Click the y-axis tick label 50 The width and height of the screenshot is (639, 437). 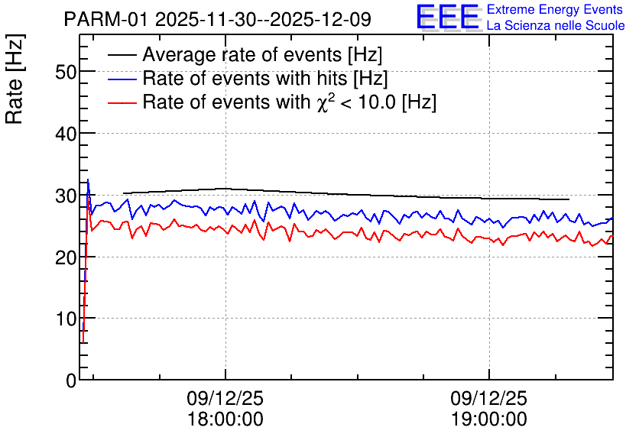[x=66, y=73]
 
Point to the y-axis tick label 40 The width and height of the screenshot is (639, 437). [x=66, y=134]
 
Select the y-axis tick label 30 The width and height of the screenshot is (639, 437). [x=66, y=196]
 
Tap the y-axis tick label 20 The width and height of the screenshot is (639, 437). [x=66, y=257]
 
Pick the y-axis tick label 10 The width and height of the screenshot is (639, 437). [x=66, y=319]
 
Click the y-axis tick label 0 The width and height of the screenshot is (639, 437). [x=71, y=380]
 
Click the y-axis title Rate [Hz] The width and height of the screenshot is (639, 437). [x=15, y=79]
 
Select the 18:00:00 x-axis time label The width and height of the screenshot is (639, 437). [x=225, y=419]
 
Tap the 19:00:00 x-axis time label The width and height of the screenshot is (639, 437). [x=489, y=419]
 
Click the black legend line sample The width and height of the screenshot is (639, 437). [x=122, y=55]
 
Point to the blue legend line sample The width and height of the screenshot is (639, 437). [x=122, y=79]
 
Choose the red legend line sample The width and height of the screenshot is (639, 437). [x=122, y=102]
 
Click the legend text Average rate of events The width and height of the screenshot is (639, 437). [x=242, y=55]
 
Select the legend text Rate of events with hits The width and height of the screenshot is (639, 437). [x=245, y=78]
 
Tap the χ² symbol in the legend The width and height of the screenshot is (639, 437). [x=326, y=102]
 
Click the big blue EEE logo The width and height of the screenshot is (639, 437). [x=448, y=16]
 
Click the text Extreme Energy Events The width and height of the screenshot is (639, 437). [x=555, y=9]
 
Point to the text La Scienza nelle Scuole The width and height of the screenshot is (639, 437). [x=556, y=25]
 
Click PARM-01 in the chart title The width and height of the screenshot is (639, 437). [x=106, y=19]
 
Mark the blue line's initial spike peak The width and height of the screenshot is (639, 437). [x=88, y=180]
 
